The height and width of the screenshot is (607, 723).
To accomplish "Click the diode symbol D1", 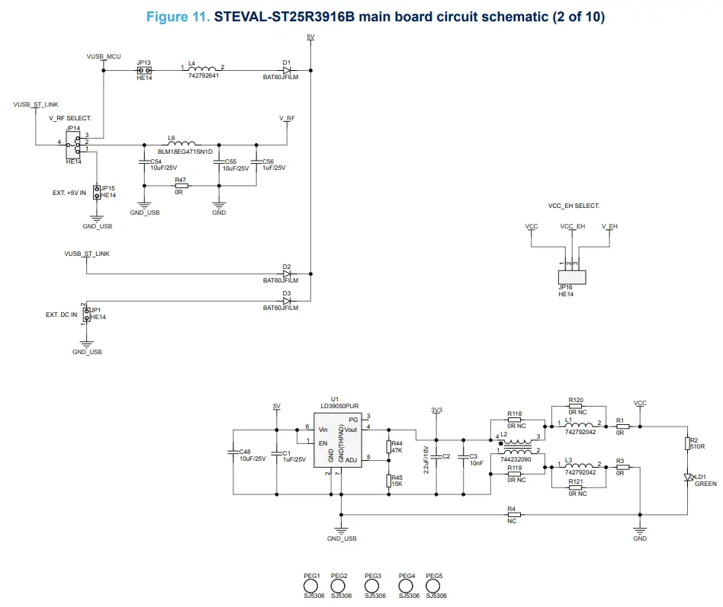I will [x=287, y=69].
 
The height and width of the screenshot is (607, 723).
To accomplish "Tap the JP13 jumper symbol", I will [x=143, y=69].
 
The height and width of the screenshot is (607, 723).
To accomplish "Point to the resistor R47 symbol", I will [x=181, y=185].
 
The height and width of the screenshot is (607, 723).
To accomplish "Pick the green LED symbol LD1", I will [x=689, y=477].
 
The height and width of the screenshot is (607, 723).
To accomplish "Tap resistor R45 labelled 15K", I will [x=388, y=481].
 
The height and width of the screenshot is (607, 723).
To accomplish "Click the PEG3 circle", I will [x=373, y=586].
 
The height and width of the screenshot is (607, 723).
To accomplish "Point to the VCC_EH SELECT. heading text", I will [x=574, y=206].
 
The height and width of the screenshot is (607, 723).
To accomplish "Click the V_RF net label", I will [x=287, y=118].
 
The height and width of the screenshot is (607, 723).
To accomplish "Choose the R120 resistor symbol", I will [x=576, y=407].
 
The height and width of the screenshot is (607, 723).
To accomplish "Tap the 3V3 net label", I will [x=436, y=410].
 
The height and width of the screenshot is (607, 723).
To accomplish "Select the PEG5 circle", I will [x=435, y=586].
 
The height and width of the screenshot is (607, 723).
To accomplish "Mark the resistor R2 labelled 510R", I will [x=689, y=443].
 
